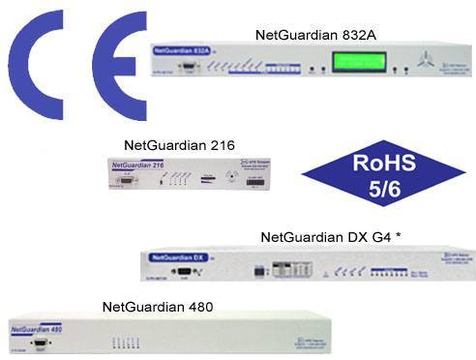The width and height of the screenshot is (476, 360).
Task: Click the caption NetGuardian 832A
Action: click(315, 35)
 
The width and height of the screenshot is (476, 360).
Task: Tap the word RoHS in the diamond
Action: click(389, 160)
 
